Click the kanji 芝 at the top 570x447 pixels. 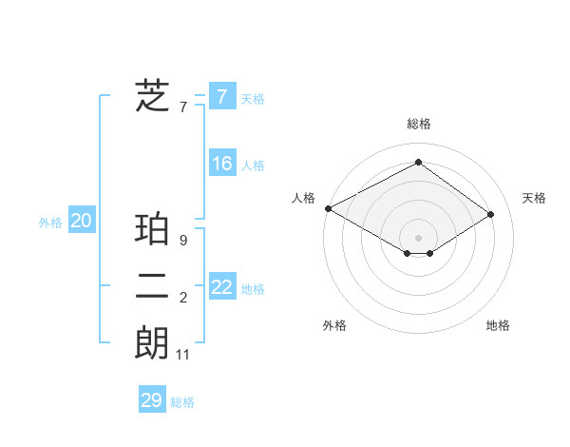pyautogui.click(x=152, y=96)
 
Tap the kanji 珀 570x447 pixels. pyautogui.click(x=152, y=230)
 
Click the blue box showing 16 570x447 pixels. pyautogui.click(x=222, y=164)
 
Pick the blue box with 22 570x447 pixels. pyautogui.click(x=222, y=287)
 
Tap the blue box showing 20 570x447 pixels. pyautogui.click(x=82, y=221)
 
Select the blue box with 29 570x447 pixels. pyautogui.click(x=152, y=400)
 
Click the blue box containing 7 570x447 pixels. pyautogui.click(x=222, y=96)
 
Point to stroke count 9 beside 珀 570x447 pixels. pyautogui.click(x=183, y=241)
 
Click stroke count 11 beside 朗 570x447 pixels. pyautogui.click(x=183, y=355)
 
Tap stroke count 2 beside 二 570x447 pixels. pyautogui.click(x=183, y=298)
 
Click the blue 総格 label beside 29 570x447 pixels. pyautogui.click(x=182, y=402)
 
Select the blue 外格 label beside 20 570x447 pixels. pyautogui.click(x=50, y=223)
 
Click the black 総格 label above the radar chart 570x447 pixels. pyautogui.click(x=419, y=124)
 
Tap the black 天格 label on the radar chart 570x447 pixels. pyautogui.click(x=534, y=198)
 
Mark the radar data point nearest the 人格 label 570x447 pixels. pyautogui.click(x=328, y=207)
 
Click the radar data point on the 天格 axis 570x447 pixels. pyautogui.click(x=491, y=214)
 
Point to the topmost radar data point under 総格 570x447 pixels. pyautogui.click(x=418, y=163)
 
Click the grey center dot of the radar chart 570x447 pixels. pyautogui.click(x=418, y=237)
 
